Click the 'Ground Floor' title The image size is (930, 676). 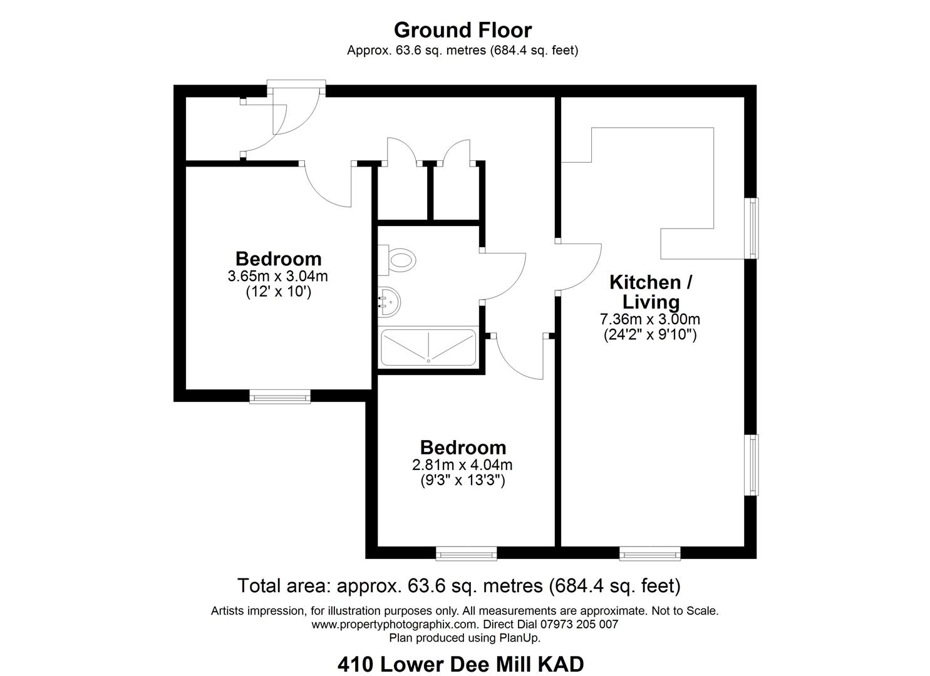coord(463,29)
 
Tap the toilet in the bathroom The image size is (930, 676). coord(400,259)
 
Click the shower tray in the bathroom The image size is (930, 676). coord(428,347)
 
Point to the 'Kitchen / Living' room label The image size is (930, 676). coord(651,292)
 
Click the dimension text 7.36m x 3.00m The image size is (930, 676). coord(649,319)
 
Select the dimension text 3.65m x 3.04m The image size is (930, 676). coord(278,276)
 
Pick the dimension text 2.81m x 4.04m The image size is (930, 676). coord(462,465)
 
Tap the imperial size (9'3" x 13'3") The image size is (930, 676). coord(462,481)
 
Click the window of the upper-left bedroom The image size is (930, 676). coord(280,396)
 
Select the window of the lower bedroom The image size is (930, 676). coord(466,553)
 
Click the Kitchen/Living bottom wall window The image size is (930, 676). coord(649,553)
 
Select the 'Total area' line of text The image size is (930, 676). coord(458,586)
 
